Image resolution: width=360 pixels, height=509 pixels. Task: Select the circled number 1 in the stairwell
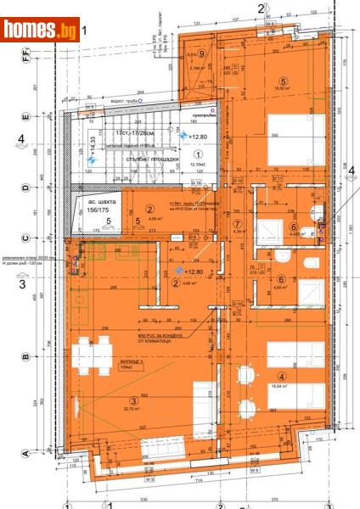pyautogui.click(x=198, y=154)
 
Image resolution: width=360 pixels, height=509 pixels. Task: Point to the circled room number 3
pyautogui.click(x=132, y=401)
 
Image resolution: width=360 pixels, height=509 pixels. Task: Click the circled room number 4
pyautogui.click(x=281, y=366)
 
